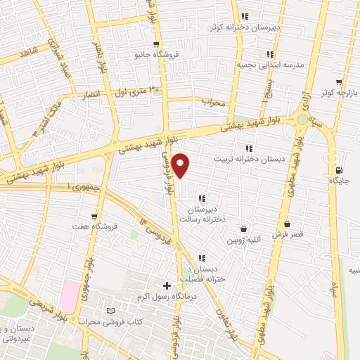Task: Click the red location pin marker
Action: click(181, 165)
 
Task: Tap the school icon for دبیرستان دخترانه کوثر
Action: click(244, 16)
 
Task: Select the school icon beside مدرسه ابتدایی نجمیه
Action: click(269, 53)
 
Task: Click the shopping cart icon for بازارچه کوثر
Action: click(339, 82)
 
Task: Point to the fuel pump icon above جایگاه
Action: click(340, 170)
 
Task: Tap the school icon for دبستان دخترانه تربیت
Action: click(248, 148)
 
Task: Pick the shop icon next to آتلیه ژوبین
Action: click(243, 229)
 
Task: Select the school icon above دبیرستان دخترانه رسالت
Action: click(202, 199)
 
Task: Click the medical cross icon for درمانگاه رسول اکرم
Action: click(167, 285)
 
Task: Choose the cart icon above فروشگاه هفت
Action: click(94, 215)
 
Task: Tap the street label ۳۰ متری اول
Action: click(139, 91)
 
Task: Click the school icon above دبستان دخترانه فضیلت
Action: click(202, 257)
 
